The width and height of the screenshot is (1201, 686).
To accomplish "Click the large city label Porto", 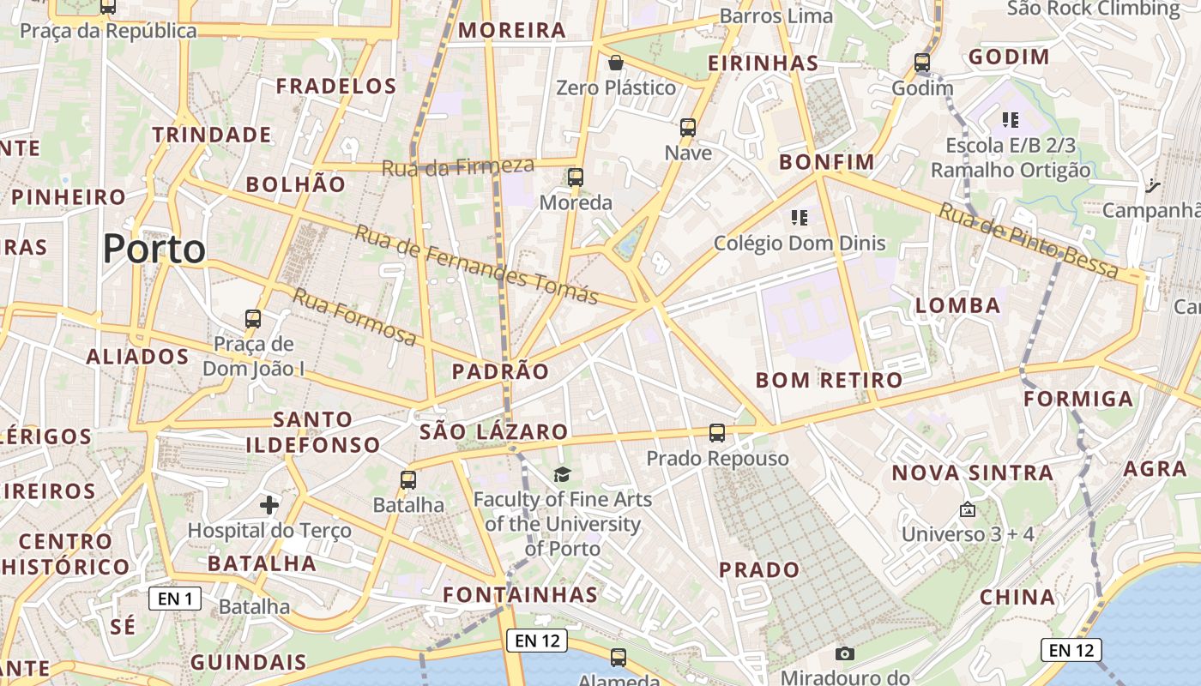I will pos(154,250).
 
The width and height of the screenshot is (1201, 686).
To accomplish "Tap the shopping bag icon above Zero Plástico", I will pos(615,63).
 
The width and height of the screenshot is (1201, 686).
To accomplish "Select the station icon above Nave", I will pos(687,129).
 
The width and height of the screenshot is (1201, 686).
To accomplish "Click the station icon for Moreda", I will pos(575,178).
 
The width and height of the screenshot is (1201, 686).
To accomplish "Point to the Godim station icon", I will pos(922,63).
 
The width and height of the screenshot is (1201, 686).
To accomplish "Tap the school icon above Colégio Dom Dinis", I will pos(800,218).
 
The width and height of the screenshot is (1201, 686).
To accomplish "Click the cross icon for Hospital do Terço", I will pos(269,505).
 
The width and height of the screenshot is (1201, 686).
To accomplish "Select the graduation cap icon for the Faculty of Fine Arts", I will pos(562,474).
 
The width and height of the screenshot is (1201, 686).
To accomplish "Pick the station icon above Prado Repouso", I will pos(717,433).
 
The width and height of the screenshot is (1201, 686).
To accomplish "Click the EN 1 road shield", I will pos(175,599).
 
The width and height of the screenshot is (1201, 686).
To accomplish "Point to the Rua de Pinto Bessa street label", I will pos(1029,240).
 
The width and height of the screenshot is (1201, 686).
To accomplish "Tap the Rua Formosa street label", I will pos(354,317).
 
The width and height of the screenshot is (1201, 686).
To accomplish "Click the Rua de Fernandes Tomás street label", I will pos(476,265).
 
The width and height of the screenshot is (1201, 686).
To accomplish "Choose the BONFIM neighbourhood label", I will pos(826,162).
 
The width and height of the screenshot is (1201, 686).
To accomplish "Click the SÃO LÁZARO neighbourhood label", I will pos(493,431).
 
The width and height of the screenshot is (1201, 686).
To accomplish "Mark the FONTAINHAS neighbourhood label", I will pos(520,594).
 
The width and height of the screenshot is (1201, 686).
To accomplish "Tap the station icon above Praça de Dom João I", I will pos(253,319).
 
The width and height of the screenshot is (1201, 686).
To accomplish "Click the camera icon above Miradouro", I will pos(844,654).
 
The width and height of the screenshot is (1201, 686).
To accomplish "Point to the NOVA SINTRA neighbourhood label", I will pos(972,472).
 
